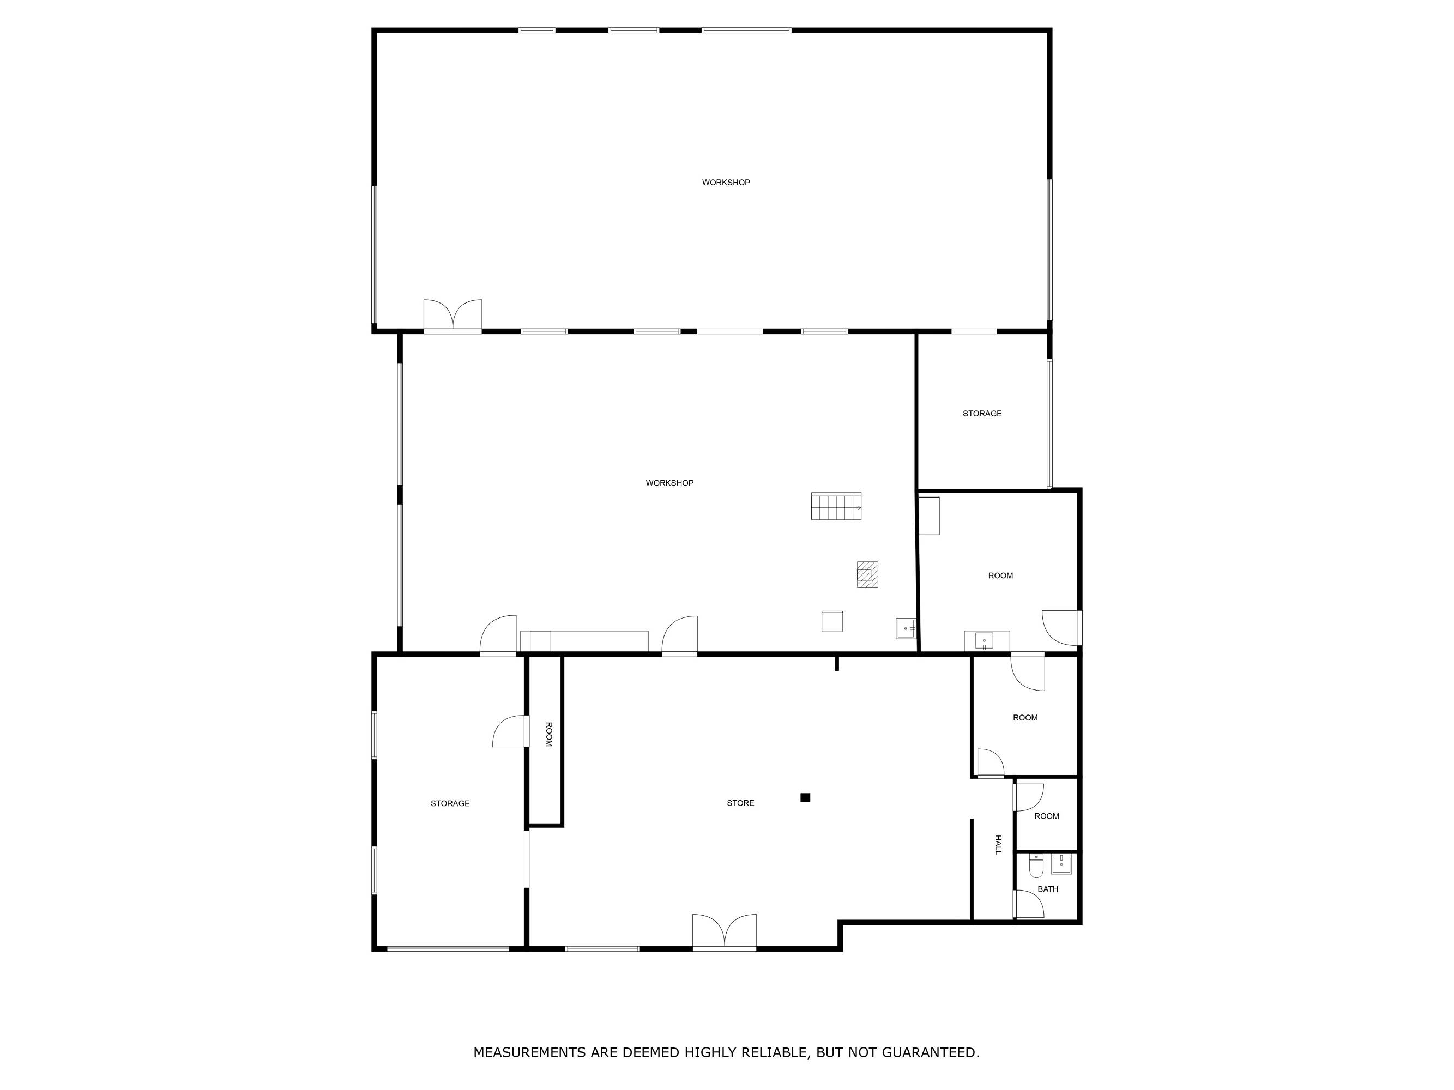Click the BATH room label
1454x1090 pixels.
click(x=1048, y=889)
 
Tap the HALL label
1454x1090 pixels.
click(x=998, y=845)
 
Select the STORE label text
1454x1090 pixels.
click(x=740, y=803)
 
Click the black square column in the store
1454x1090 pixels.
click(x=805, y=798)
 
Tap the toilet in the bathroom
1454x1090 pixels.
click(x=1036, y=866)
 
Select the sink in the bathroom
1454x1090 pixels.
click(x=1061, y=864)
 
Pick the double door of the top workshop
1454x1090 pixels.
click(x=453, y=316)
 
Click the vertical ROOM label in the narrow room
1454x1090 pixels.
click(x=549, y=734)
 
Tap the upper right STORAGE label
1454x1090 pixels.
click(x=982, y=413)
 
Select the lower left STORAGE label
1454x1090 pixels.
click(x=450, y=803)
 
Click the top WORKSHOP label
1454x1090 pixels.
click(x=726, y=183)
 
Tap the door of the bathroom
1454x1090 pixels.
click(x=1029, y=904)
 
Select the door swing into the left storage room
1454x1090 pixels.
click(x=511, y=731)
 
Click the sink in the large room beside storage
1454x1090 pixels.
click(x=984, y=640)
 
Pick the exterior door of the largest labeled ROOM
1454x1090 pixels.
click(x=1061, y=627)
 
